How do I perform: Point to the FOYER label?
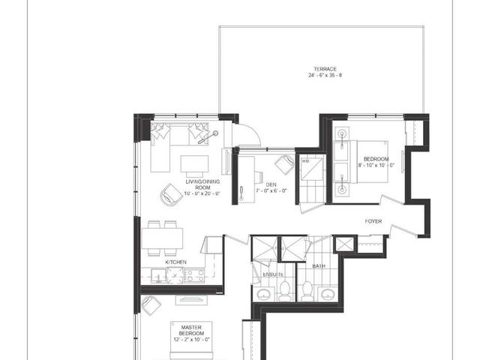pos(375,221)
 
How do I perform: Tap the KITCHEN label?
pos(177,262)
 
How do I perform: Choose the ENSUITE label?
pos(272,274)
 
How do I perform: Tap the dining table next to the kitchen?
pos(163,237)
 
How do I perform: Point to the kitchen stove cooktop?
pos(193,275)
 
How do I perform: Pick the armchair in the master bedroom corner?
pos(151,304)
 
